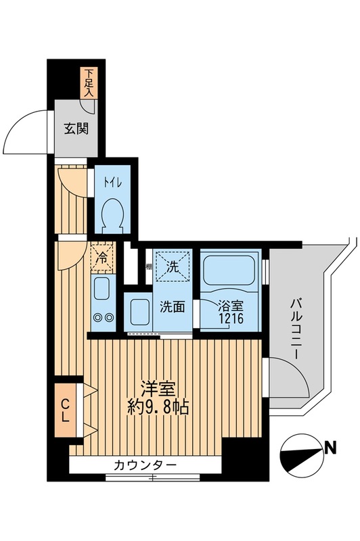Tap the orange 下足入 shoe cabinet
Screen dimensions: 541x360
click(x=89, y=83)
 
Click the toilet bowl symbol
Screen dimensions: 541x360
click(x=111, y=217)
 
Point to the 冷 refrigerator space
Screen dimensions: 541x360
click(x=102, y=258)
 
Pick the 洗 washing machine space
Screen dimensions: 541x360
click(x=173, y=266)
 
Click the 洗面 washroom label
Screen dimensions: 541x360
click(x=172, y=306)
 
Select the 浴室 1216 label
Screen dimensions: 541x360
click(x=227, y=311)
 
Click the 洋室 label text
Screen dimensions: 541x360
click(x=158, y=389)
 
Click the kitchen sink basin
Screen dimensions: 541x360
click(x=102, y=289)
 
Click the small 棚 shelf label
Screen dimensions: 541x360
click(x=148, y=266)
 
